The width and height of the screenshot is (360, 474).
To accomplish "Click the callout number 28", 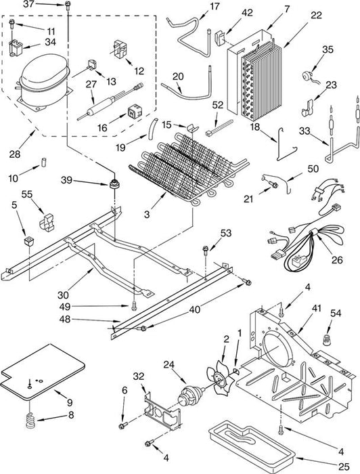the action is coord(14,154).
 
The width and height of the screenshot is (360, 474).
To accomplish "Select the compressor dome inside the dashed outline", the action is coord(45,82).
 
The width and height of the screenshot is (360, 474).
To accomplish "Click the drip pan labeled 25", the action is coord(253,444).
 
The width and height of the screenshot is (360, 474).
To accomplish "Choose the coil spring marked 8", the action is coord(31,421).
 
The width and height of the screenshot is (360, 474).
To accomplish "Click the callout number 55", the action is coord(27,194).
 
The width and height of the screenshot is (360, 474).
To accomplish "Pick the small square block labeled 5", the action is coord(28,241).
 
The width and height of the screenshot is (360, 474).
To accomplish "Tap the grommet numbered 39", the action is coord(114,184).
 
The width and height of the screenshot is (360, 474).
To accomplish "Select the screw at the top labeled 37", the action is coord(68,5).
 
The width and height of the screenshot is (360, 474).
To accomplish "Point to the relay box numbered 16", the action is coord(135,112).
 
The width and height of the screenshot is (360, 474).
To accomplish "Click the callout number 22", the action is coord(316,15).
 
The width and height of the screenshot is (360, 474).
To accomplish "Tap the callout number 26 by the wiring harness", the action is coord(337,259).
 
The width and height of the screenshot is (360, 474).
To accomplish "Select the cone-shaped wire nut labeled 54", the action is coord(326,339).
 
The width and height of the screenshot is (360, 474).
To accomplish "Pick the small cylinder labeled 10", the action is coord(43,162).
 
